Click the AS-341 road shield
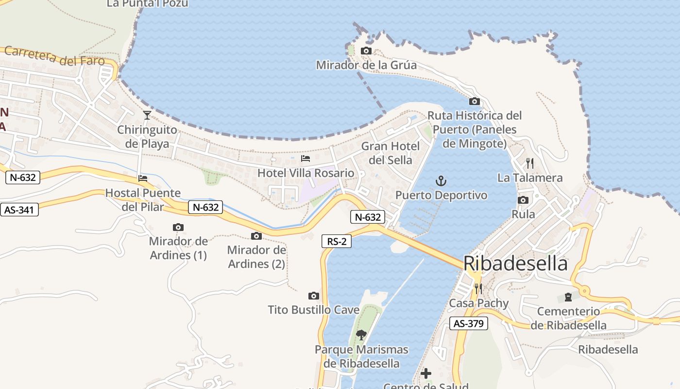19,210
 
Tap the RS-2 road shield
337,241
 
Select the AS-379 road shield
468,323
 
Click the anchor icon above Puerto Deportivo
441,181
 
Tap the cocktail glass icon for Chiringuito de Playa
147,115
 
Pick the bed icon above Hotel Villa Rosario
306,159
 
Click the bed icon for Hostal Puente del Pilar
143,178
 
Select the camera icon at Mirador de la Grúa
366,51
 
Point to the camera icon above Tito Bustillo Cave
314,296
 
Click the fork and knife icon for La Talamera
530,163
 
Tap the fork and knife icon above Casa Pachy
478,289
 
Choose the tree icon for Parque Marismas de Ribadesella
361,335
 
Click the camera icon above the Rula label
523,200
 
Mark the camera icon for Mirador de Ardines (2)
256,236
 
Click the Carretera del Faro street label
54,56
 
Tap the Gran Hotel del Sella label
390,153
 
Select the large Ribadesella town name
515,263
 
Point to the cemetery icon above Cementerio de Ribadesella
568,297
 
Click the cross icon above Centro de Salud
426,373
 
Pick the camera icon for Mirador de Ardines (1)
178,227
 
